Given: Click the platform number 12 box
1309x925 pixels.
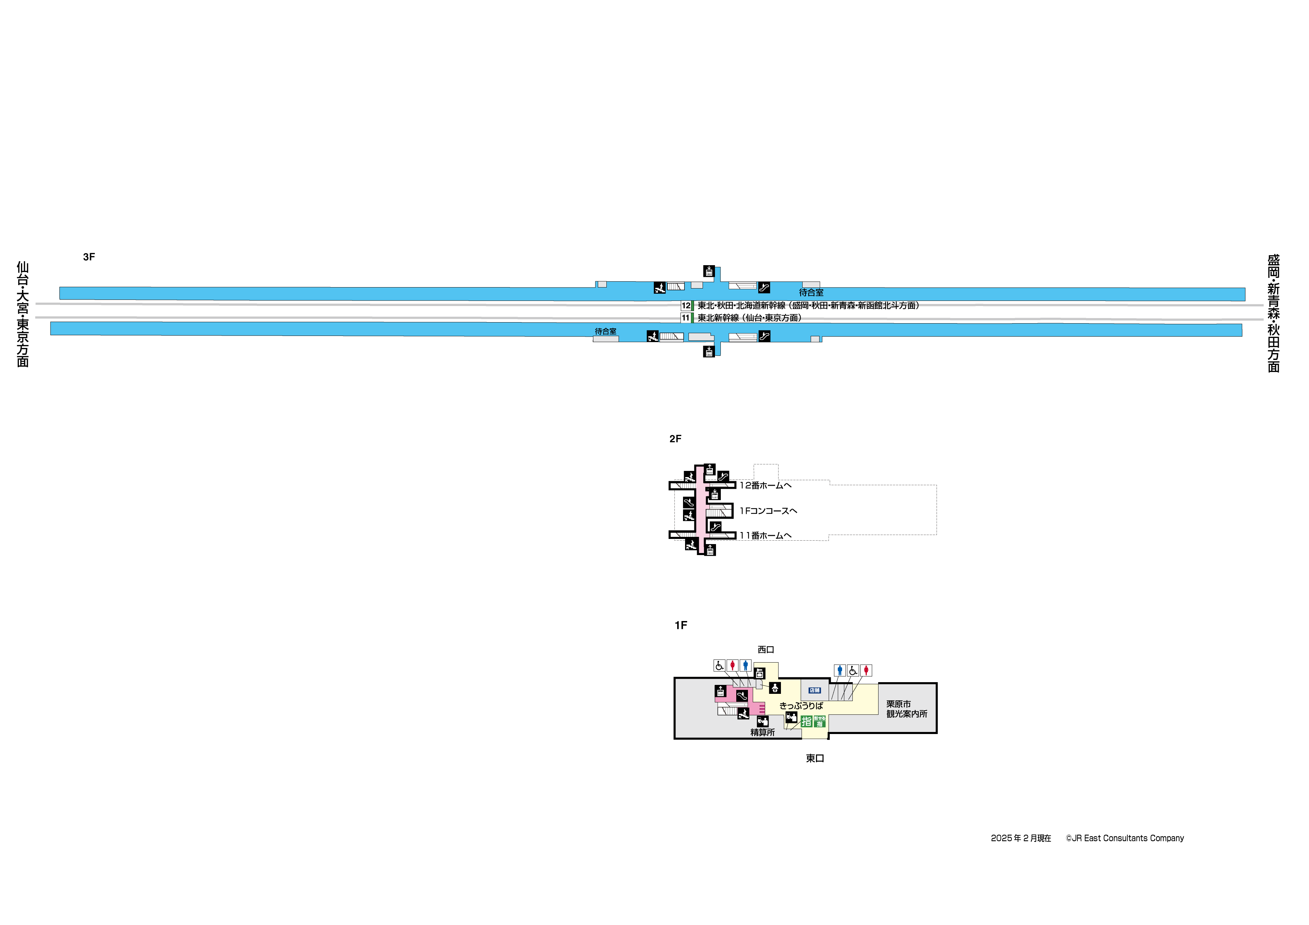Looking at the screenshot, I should (685, 305).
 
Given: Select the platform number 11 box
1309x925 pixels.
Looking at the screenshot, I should (685, 318).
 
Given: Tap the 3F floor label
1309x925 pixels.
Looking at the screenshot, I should (89, 257).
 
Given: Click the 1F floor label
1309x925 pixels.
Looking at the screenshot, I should (681, 625).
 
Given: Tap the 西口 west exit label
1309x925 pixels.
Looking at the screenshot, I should (766, 650).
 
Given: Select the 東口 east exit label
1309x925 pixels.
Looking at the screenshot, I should (815, 758).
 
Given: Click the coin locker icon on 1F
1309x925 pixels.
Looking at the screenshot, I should (759, 674).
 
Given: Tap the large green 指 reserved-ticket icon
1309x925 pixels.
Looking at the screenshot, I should (806, 722).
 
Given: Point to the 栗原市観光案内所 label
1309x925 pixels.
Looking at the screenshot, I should (906, 709).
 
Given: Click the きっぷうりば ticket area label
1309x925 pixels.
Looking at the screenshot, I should (801, 706).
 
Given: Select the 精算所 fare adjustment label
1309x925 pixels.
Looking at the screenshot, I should (762, 732).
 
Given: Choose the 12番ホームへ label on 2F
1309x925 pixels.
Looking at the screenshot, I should (765, 486).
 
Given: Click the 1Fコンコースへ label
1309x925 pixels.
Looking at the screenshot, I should (768, 511).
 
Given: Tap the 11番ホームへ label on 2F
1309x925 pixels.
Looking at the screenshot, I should (765, 536).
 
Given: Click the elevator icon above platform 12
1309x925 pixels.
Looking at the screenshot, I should (709, 271).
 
